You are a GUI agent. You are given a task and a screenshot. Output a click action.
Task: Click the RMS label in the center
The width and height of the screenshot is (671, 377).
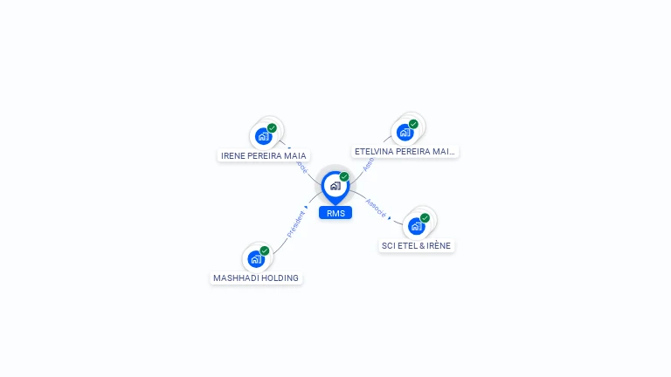(335, 213)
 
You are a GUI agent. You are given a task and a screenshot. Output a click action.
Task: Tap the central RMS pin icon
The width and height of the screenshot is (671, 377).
(335, 186)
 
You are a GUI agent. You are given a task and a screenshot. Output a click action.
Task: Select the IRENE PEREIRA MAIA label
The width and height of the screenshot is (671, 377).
(264, 155)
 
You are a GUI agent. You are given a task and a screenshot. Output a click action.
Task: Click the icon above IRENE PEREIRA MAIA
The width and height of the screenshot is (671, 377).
(263, 136)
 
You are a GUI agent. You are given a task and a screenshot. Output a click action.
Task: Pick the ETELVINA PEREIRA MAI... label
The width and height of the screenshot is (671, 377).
(405, 151)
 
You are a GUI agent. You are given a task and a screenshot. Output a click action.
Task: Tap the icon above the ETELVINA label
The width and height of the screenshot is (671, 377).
(405, 133)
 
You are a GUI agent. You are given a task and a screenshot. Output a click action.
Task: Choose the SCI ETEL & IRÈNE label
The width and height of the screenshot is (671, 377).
(417, 245)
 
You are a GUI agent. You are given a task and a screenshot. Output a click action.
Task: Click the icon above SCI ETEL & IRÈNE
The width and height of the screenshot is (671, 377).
(417, 226)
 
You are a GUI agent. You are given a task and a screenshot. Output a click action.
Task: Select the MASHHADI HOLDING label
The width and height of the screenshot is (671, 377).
(256, 278)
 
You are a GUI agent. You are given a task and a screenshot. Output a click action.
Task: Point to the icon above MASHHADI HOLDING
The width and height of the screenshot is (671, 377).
(256, 258)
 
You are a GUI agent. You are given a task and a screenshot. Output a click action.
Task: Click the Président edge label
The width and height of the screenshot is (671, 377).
(295, 223)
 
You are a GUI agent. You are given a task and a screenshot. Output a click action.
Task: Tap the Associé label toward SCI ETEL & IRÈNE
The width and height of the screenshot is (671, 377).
(375, 208)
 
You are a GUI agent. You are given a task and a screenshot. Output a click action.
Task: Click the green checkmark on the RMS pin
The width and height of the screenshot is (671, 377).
(344, 176)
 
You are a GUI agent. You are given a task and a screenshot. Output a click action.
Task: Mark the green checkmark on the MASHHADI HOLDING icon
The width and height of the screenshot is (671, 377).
(265, 250)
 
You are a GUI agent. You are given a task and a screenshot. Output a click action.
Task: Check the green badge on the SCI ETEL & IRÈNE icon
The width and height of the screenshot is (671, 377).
(425, 218)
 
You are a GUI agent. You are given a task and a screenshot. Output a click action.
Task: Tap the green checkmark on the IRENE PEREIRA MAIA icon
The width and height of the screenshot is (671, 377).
(272, 128)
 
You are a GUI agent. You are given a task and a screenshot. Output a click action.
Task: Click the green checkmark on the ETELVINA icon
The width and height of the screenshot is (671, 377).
(413, 124)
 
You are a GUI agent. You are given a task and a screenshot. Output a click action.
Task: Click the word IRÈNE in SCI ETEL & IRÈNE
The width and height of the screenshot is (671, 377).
(438, 245)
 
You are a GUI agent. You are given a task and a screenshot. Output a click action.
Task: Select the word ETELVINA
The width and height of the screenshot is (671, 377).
(374, 151)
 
